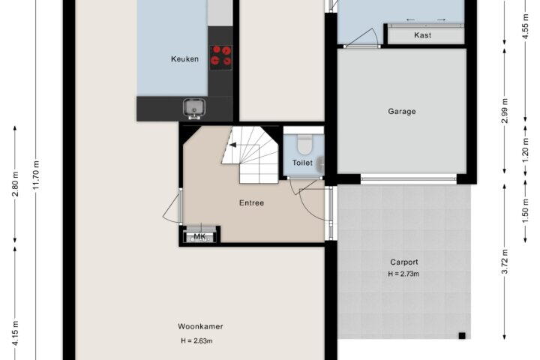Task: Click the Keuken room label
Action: [x=184, y=59]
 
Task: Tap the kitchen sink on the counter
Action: [x=194, y=108]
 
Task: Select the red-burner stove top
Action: [x=220, y=57]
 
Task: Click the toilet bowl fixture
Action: [x=304, y=144]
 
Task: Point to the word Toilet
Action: [x=302, y=163]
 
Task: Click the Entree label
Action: [x=252, y=203]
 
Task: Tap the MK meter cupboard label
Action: [x=199, y=237]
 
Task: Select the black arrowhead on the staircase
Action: [x=232, y=145]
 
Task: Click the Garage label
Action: [x=402, y=111]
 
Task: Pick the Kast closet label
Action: [x=422, y=35]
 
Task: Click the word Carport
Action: [x=404, y=262]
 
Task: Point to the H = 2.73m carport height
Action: [x=403, y=274]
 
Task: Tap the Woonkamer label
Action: [x=200, y=326]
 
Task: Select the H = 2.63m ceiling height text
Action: [x=196, y=341]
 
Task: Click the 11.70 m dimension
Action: [x=36, y=175]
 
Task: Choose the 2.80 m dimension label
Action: [x=15, y=183]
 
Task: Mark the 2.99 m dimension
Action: [x=505, y=110]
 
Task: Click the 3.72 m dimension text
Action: [x=505, y=261]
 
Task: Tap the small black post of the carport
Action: [x=462, y=336]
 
